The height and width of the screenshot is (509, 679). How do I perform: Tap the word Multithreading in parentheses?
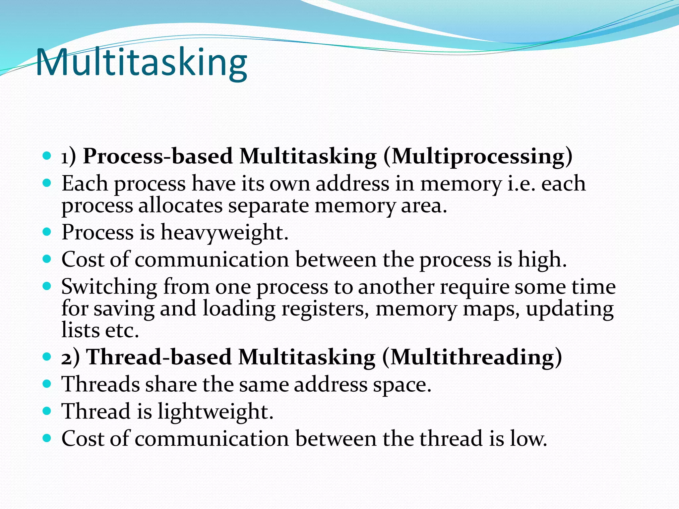(x=472, y=357)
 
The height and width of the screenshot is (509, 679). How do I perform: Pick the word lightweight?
(x=215, y=412)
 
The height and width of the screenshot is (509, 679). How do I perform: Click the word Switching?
(x=109, y=287)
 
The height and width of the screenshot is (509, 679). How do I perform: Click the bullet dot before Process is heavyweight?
(x=47, y=231)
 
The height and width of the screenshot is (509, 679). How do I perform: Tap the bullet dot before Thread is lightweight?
(x=47, y=411)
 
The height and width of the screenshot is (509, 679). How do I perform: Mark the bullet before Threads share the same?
(x=47, y=384)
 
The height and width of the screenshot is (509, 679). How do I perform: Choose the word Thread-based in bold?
(x=159, y=357)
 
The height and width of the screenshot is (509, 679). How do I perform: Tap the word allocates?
(x=180, y=206)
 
